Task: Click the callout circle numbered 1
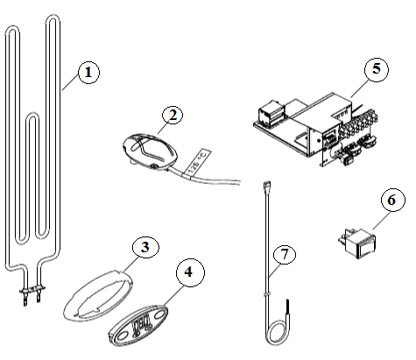pos(88,72)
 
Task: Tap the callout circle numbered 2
pos(173,115)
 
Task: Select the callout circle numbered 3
pos(145,247)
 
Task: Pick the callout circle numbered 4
pos(190,272)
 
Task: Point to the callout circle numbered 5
pos(377,69)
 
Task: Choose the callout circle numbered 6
pos(393,200)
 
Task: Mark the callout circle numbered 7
pos(285,254)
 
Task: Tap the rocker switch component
pos(356,244)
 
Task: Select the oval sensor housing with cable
pos(150,152)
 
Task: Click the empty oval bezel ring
pos(98,296)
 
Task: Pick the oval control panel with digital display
pos(138,325)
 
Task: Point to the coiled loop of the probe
pos(276,333)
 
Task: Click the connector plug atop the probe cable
pos(266,186)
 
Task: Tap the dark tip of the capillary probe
pos(287,306)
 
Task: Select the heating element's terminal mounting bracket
pos(32,290)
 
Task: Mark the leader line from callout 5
pos(359,88)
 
